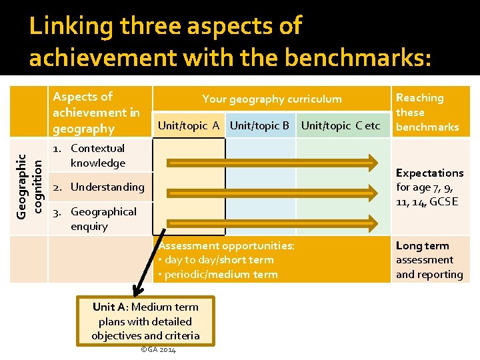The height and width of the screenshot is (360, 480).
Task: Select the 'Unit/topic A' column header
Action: tap(189, 125)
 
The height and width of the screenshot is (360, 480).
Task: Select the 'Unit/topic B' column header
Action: tap(259, 125)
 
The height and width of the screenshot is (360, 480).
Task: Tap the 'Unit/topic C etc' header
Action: tap(341, 125)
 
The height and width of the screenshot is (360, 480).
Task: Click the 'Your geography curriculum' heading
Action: tap(271, 99)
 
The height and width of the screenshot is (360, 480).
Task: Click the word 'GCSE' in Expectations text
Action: tap(444, 202)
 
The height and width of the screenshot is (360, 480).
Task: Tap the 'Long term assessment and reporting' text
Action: tap(429, 260)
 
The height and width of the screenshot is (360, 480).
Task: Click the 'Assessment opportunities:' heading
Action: tap(226, 245)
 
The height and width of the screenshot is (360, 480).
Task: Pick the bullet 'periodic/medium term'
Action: tap(221, 274)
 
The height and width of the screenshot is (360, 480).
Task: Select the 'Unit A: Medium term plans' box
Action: tap(145, 321)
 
